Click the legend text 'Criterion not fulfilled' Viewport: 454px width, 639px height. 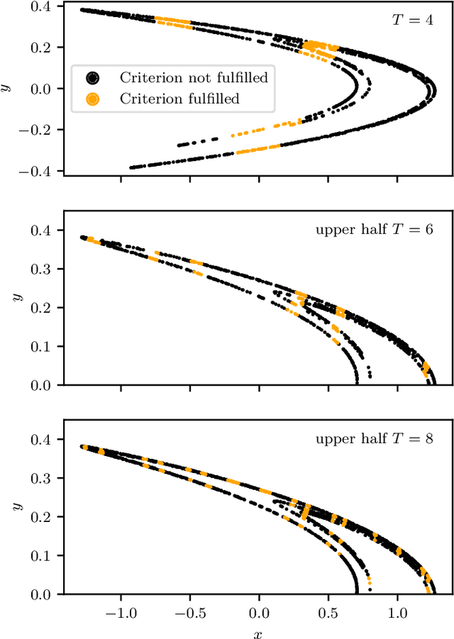[x=194, y=77]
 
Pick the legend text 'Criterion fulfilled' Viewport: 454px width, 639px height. [x=179, y=99]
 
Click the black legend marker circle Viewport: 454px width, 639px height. [x=92, y=77]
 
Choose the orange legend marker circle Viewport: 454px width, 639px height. [x=92, y=99]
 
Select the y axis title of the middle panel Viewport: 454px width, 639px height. [x=16, y=298]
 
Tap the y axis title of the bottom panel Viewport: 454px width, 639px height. [x=16, y=507]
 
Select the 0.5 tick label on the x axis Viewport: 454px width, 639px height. [x=328, y=611]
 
